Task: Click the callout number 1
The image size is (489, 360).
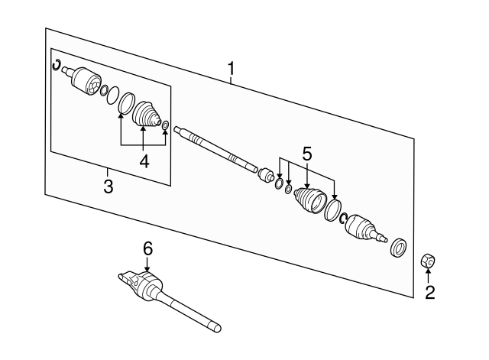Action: pyautogui.click(x=231, y=69)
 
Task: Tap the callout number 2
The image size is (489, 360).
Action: pyautogui.click(x=429, y=293)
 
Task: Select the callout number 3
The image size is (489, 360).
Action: pyautogui.click(x=108, y=186)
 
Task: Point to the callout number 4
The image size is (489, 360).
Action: pyautogui.click(x=144, y=161)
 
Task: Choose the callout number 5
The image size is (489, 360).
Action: pyautogui.click(x=307, y=154)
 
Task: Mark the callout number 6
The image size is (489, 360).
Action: pyautogui.click(x=147, y=248)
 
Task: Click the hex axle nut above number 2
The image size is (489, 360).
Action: pyautogui.click(x=428, y=261)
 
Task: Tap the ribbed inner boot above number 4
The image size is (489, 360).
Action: pyautogui.click(x=146, y=114)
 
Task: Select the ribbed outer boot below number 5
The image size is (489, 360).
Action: pyautogui.click(x=310, y=200)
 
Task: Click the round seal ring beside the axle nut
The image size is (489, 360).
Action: pyautogui.click(x=399, y=248)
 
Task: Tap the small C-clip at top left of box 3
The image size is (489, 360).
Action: pyautogui.click(x=57, y=64)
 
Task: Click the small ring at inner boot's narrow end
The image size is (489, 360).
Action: pyautogui.click(x=165, y=125)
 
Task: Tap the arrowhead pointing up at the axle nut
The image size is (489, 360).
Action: pyautogui.click(x=428, y=270)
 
